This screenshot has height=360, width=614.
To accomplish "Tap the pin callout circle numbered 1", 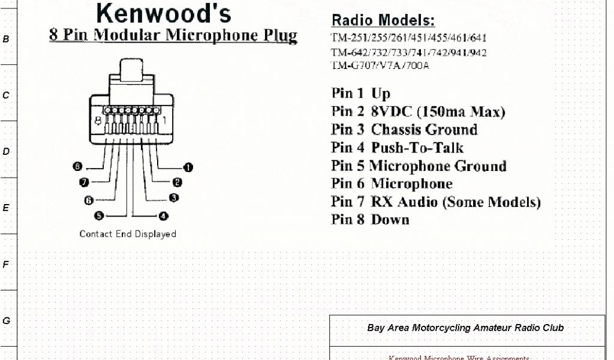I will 188,168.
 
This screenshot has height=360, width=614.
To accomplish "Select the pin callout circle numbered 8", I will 77,167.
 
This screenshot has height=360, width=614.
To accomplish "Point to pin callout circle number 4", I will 163,215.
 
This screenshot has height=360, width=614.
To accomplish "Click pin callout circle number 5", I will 99,215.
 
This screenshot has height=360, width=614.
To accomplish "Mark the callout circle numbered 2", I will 177,182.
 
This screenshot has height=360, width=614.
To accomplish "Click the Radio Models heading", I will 383,20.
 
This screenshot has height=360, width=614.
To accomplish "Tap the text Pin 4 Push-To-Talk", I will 397,148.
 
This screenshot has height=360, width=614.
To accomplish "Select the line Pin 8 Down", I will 370,220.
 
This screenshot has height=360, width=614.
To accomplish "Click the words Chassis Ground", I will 424,130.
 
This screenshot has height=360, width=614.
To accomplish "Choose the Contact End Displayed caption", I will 128,234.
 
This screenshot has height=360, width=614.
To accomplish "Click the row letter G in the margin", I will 6,321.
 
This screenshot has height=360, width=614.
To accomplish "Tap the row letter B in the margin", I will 6,39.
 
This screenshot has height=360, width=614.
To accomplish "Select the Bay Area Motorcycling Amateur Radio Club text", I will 465,328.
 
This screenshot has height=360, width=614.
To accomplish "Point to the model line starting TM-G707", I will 380,65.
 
